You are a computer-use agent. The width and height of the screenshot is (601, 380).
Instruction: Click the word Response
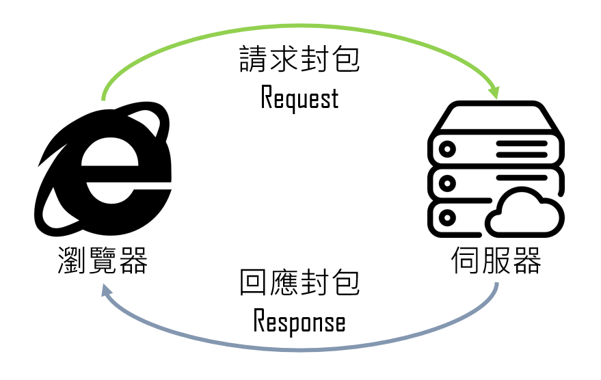(x=299, y=322)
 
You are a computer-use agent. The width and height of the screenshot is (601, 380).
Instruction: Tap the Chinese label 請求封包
(x=299, y=61)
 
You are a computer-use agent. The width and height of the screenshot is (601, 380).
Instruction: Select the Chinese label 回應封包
(x=299, y=282)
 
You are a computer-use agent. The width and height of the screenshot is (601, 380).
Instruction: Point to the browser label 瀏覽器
(x=103, y=260)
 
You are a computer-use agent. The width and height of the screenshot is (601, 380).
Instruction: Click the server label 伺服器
(x=496, y=260)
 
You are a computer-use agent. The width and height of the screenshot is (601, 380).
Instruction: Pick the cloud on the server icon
(x=526, y=214)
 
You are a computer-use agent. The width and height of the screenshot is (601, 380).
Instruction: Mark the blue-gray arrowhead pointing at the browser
(x=107, y=293)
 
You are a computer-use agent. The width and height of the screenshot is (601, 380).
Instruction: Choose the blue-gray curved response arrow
(x=301, y=349)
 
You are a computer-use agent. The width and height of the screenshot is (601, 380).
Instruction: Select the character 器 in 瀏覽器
(x=133, y=260)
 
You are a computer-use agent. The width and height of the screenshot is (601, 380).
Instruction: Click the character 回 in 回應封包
(x=253, y=282)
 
